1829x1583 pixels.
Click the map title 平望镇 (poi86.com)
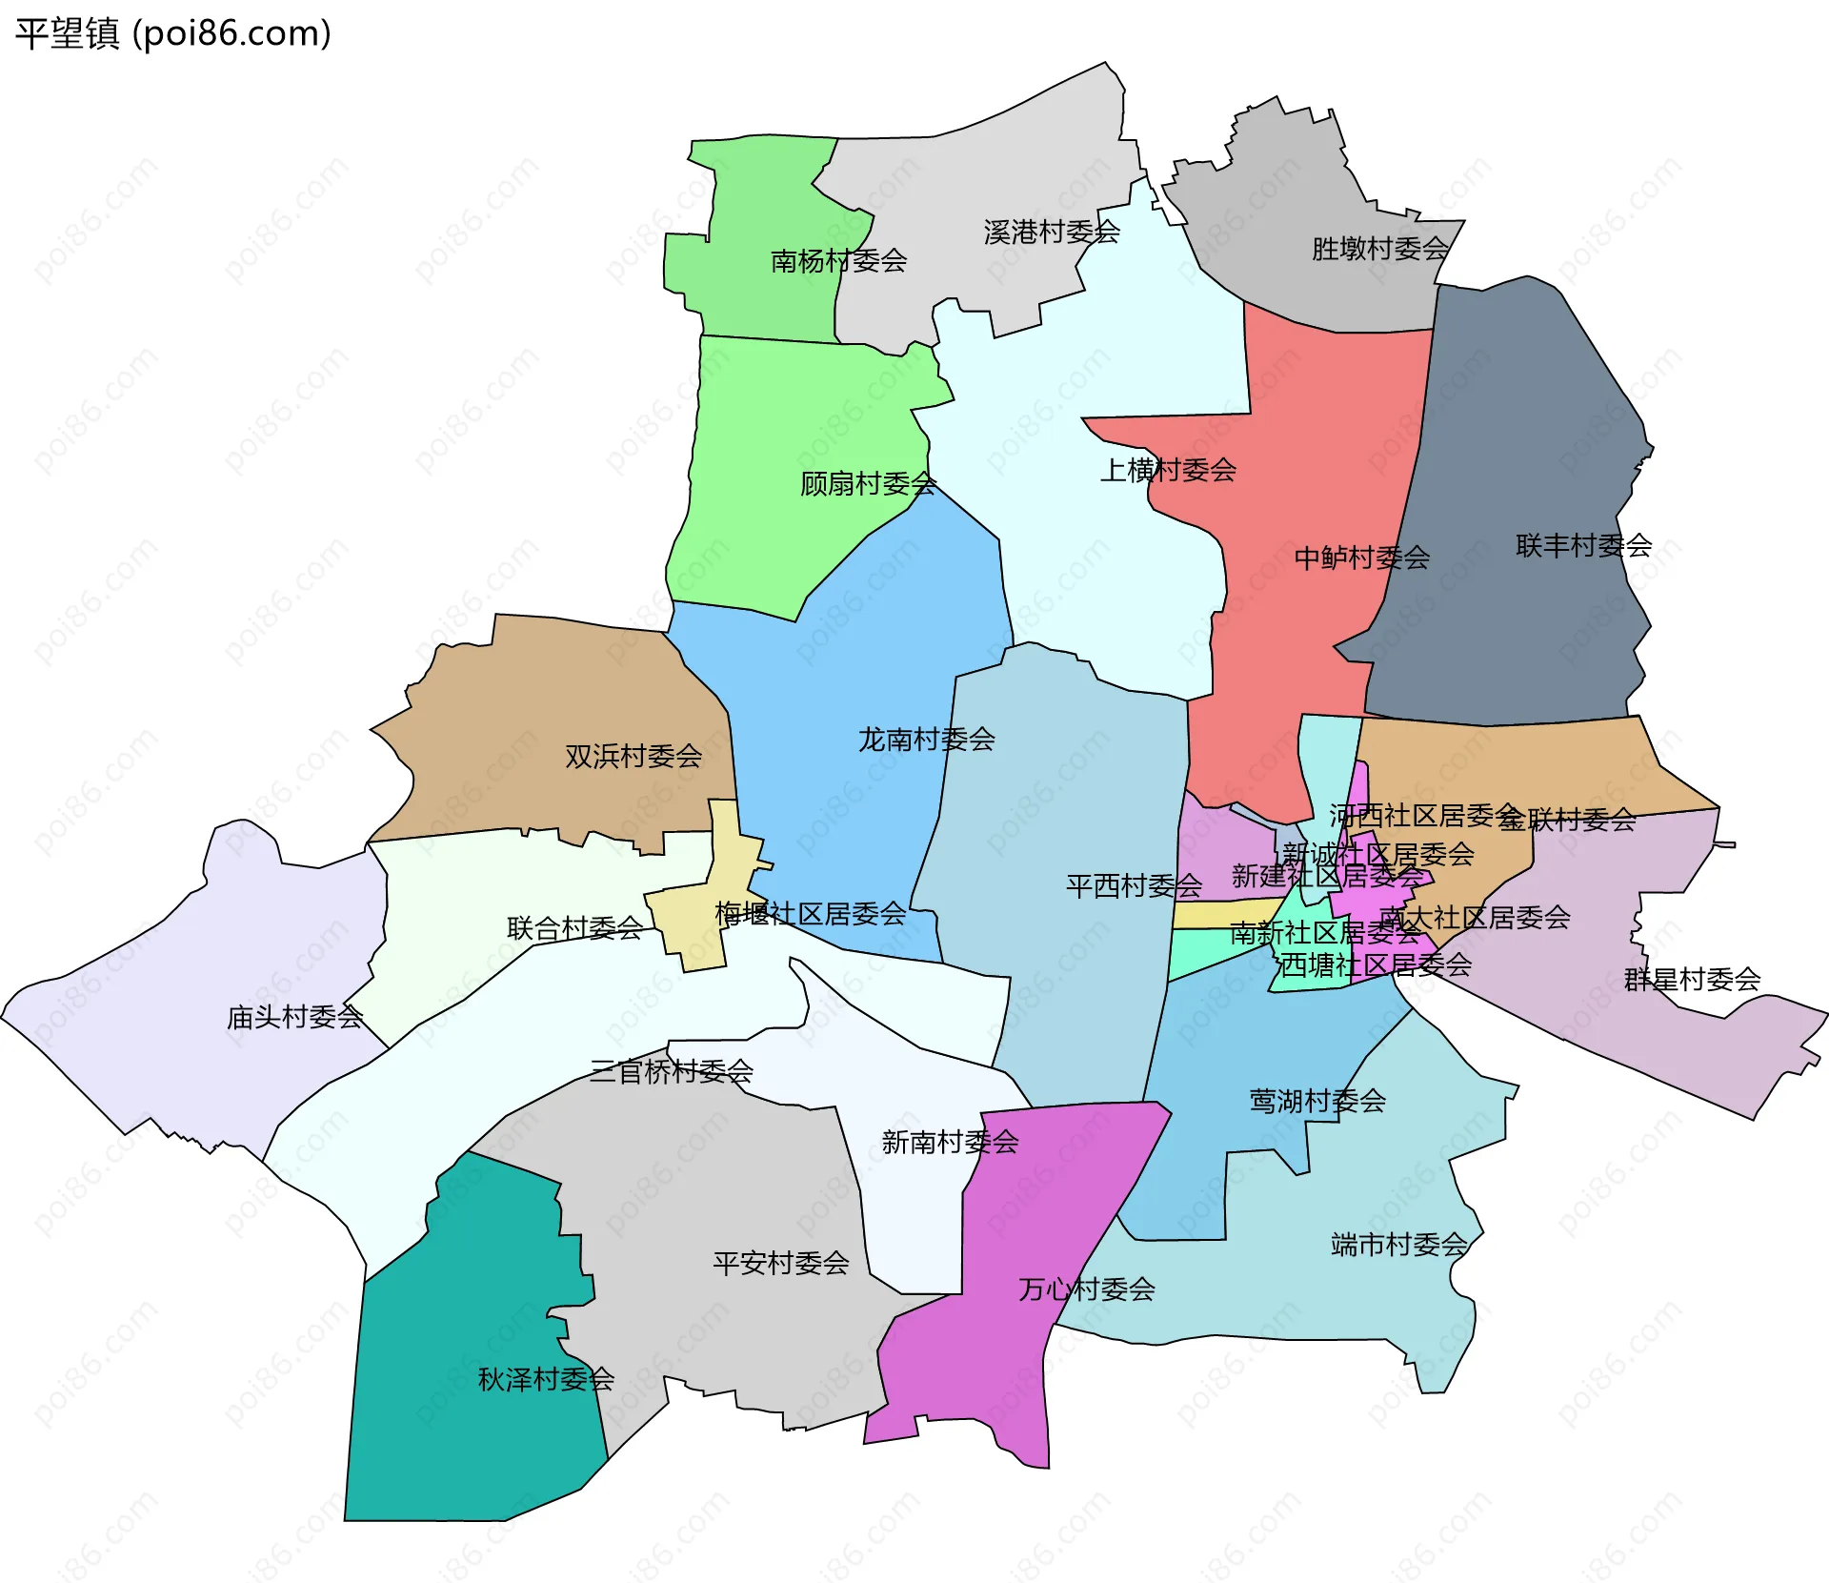pyautogui.click(x=172, y=33)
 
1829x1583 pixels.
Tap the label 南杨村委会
pyautogui.click(x=838, y=260)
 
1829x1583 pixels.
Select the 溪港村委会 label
pyautogui.click(x=1051, y=232)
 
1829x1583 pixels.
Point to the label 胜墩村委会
pyautogui.click(x=1379, y=249)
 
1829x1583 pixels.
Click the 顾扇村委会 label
pyautogui.click(x=868, y=484)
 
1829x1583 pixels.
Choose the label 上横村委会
pyautogui.click(x=1168, y=470)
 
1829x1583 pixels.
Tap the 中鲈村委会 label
pyautogui.click(x=1361, y=558)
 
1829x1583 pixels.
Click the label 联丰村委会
pyautogui.click(x=1583, y=546)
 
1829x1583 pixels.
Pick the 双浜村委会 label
pyautogui.click(x=633, y=757)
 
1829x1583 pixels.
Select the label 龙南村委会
pyautogui.click(x=926, y=740)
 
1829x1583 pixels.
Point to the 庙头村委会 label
pyautogui.click(x=295, y=1018)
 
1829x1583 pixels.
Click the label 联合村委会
pyautogui.click(x=574, y=928)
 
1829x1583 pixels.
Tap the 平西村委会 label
pyautogui.click(x=1134, y=886)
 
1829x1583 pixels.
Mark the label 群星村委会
pyautogui.click(x=1692, y=980)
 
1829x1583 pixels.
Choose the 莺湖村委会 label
pyautogui.click(x=1317, y=1102)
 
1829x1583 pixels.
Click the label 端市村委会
pyautogui.click(x=1399, y=1245)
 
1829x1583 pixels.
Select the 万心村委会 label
pyautogui.click(x=1087, y=1289)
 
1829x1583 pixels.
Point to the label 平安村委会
pyautogui.click(x=781, y=1264)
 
